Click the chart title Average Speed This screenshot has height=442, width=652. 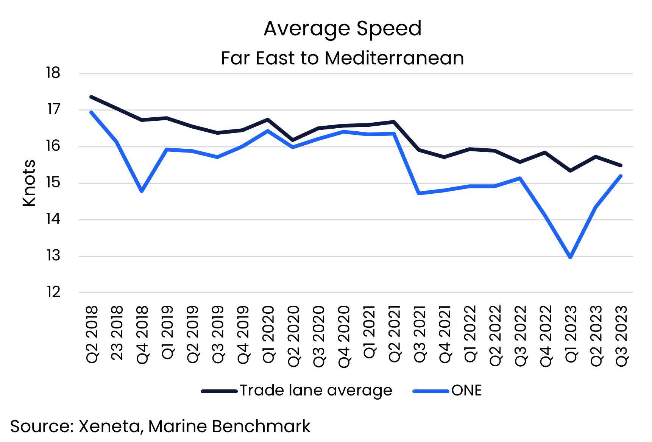(x=342, y=28)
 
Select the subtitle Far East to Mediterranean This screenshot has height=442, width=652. (x=342, y=58)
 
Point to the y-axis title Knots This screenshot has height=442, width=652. (x=29, y=183)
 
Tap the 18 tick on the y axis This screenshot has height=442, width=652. (x=53, y=73)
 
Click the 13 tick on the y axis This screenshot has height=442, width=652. (x=53, y=256)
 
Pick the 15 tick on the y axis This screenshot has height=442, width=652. (x=53, y=183)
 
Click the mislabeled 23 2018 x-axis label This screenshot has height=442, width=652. (x=117, y=333)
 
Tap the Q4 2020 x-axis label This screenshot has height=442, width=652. (x=344, y=336)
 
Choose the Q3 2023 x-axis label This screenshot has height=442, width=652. (x=621, y=336)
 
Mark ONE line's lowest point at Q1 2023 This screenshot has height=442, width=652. (x=570, y=257)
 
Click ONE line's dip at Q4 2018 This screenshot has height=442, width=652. (x=142, y=191)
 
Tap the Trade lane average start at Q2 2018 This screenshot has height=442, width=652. (x=91, y=97)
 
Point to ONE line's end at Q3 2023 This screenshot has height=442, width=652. (x=621, y=176)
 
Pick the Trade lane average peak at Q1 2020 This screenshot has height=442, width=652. (x=268, y=120)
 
